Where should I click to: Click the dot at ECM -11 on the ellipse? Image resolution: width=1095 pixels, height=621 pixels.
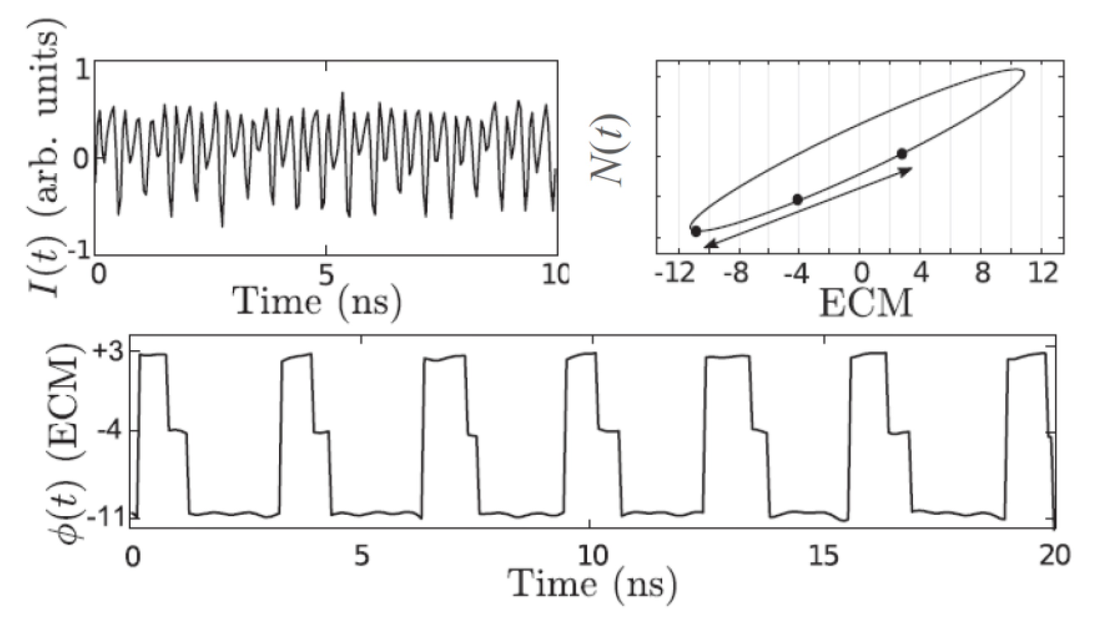coord(695,232)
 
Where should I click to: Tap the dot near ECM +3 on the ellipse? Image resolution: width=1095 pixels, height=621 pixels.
coord(901,154)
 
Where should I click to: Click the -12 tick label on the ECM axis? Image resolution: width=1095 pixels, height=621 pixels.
coord(671,275)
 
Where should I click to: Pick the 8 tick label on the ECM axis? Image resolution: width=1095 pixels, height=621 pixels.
coord(982,275)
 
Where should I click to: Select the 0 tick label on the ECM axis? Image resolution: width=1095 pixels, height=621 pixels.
coord(862,275)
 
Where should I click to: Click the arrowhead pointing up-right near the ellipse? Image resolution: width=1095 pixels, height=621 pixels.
coord(906,171)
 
